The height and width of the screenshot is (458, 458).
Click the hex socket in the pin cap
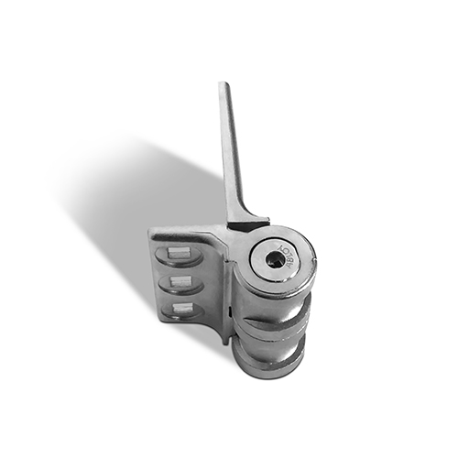click(x=275, y=259)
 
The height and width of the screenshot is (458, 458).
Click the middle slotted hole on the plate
click(x=180, y=282)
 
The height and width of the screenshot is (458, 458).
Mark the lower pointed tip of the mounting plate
click(x=224, y=341)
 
